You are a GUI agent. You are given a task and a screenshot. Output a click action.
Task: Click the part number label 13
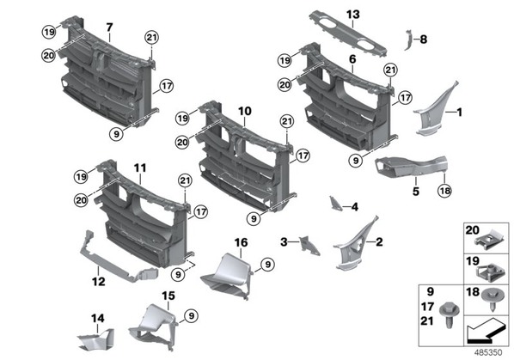pyautogui.click(x=352, y=15)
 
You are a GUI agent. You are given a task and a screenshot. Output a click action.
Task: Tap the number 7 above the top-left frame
pyautogui.click(x=109, y=27)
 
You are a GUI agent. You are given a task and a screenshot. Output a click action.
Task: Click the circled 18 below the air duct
pyautogui.click(x=444, y=191)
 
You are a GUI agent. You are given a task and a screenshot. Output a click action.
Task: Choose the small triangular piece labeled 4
pyautogui.click(x=335, y=203)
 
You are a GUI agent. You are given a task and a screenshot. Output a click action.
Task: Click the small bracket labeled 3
pyautogui.click(x=309, y=246)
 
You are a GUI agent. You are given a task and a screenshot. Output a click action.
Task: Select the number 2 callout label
pyautogui.click(x=379, y=242)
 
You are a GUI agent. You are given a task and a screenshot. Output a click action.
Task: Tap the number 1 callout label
pyautogui.click(x=460, y=113)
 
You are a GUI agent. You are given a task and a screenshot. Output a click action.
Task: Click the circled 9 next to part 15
pyautogui.click(x=191, y=316)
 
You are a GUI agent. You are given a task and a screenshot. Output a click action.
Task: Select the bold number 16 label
pyautogui.click(x=241, y=243)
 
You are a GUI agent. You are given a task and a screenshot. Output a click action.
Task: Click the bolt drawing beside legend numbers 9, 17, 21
pyautogui.click(x=450, y=314)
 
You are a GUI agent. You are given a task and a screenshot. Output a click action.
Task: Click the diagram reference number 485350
pyautogui.click(x=488, y=352)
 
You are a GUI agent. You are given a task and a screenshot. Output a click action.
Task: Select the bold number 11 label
pyautogui.click(x=140, y=168)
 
